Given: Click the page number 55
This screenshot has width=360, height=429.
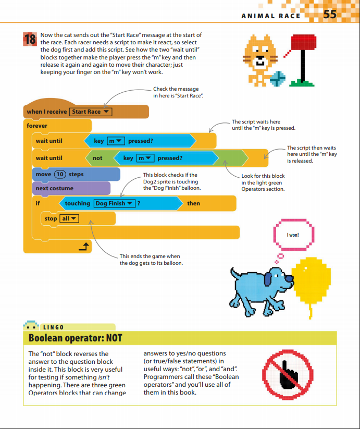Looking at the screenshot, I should point(330,15).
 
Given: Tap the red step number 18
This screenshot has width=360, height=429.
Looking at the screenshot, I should point(30,40).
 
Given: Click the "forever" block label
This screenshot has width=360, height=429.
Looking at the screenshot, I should point(37,126).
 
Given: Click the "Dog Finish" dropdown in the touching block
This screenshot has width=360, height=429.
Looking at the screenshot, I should point(114,203).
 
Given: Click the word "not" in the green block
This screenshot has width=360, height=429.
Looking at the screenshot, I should point(97,158).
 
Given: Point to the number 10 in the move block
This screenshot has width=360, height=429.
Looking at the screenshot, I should point(60,174).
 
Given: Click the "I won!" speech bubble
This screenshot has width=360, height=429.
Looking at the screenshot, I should point(293,235).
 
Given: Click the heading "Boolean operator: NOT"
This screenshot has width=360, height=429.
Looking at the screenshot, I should point(76,338).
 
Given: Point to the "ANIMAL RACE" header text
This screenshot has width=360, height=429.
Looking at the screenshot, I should point(271,16).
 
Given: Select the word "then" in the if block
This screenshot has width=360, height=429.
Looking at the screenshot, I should point(193,203).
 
